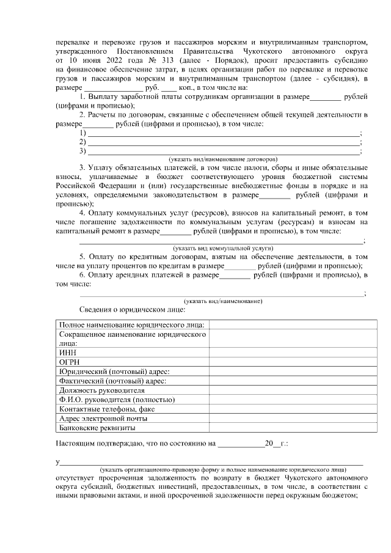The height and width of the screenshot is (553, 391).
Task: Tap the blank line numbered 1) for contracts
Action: click(x=224, y=133)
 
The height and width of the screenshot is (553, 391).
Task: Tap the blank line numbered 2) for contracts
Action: click(x=224, y=142)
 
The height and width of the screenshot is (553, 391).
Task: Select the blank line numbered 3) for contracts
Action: click(x=224, y=151)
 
